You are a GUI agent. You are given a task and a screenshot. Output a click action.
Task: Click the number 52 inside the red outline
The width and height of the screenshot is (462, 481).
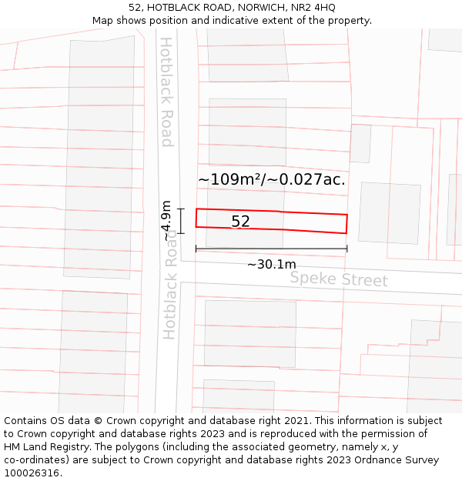point(241,222)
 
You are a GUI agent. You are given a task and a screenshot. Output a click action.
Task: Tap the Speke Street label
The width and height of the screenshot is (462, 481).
point(339,279)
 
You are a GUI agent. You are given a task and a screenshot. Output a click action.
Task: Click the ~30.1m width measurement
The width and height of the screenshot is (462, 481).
point(271,265)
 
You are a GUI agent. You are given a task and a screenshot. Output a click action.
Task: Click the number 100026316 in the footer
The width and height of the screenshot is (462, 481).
point(30,473)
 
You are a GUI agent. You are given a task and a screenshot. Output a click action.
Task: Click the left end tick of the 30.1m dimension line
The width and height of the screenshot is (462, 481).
point(196,249)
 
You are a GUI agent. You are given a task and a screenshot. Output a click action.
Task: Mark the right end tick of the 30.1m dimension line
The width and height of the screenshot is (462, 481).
point(347,249)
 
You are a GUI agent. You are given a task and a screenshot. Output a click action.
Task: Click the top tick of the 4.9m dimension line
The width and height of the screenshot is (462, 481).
point(182,209)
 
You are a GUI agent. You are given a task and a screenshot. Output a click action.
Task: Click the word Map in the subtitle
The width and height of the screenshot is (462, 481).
point(103,21)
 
